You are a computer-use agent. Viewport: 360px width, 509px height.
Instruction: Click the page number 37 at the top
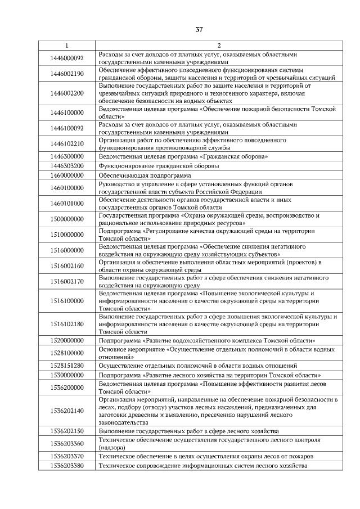[199, 29]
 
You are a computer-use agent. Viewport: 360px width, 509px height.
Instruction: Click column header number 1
[67, 45]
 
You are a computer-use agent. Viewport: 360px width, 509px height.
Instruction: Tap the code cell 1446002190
[67, 74]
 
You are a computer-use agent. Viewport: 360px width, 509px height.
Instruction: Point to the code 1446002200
[67, 93]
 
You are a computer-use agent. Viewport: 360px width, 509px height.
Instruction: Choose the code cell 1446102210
[67, 143]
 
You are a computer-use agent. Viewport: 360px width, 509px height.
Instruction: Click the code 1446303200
[67, 166]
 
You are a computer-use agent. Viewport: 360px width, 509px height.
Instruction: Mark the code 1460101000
[67, 203]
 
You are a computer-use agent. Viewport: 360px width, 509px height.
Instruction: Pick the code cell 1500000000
[67, 218]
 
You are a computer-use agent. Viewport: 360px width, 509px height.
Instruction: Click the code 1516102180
[67, 324]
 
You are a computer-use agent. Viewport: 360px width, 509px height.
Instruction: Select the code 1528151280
[67, 366]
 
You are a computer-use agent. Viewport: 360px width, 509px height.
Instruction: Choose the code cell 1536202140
[67, 411]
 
